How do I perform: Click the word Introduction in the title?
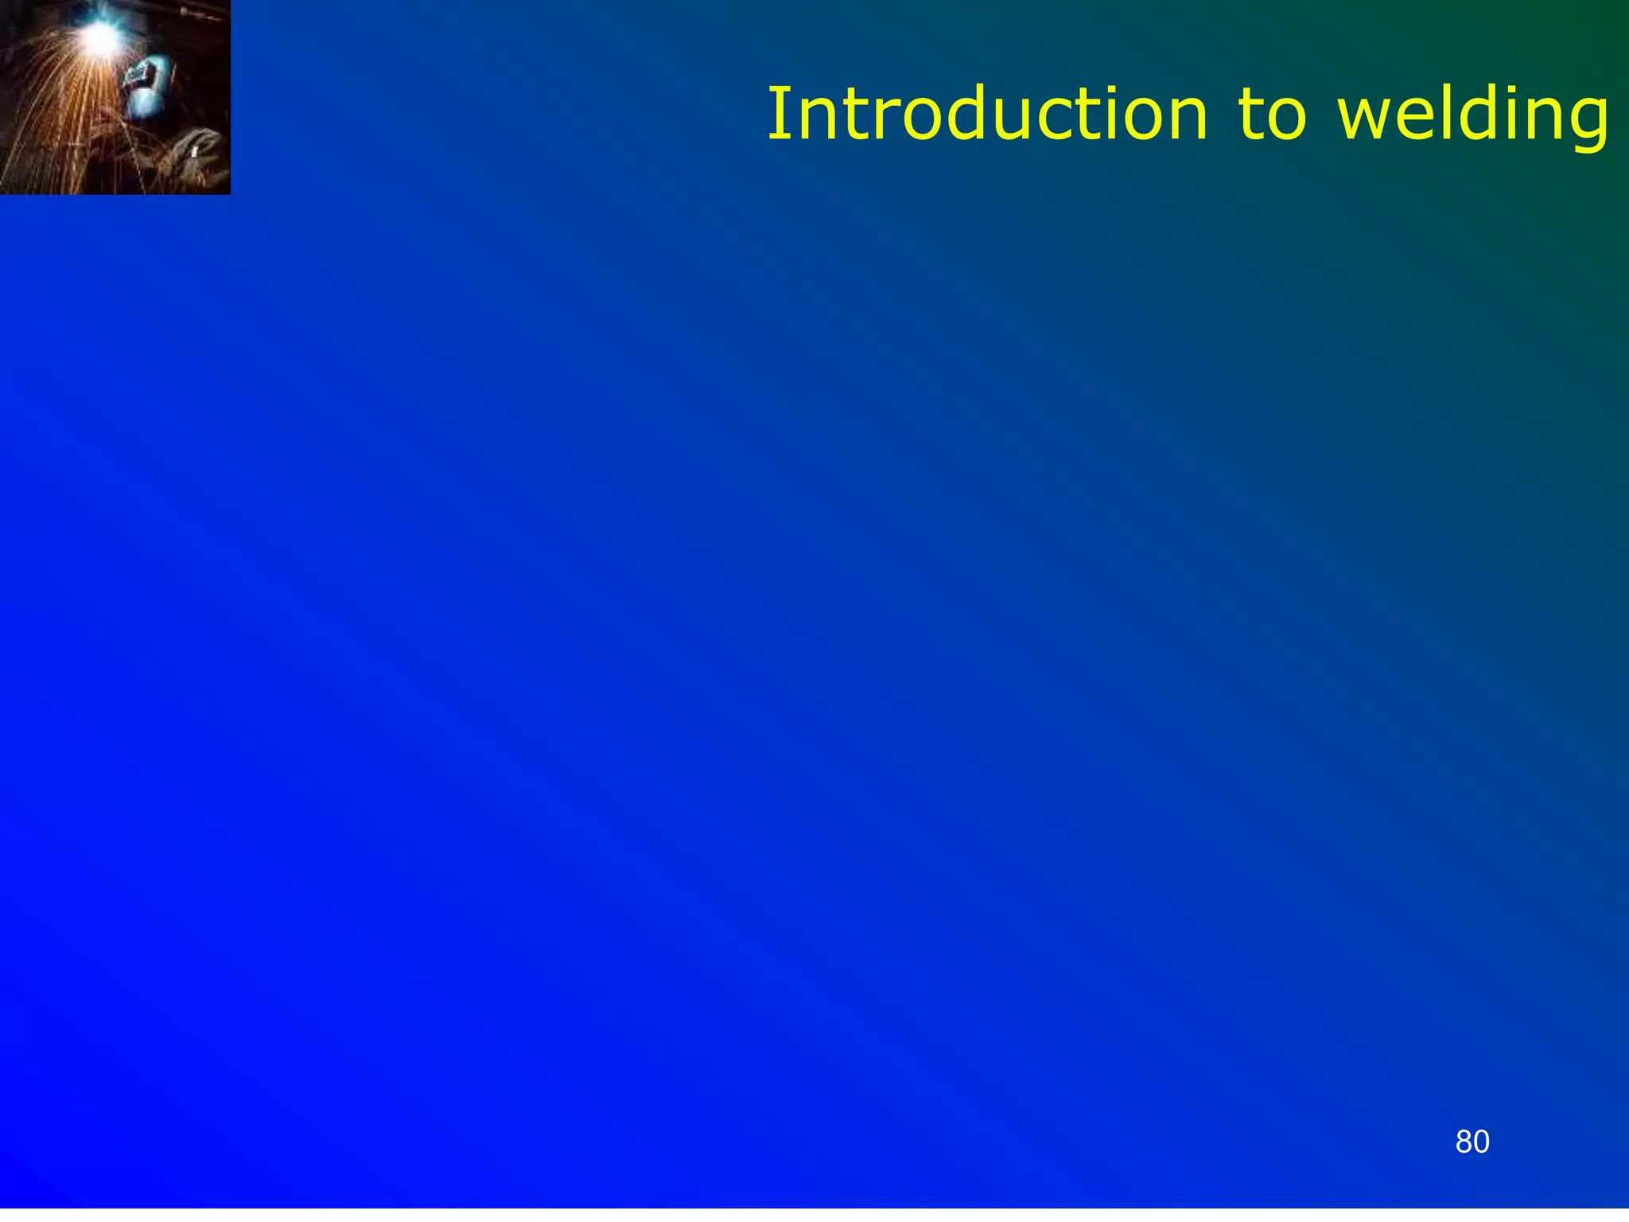click(x=986, y=115)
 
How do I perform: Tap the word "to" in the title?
click(x=1271, y=115)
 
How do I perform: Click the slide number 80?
click(x=1472, y=1142)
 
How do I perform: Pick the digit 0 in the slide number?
click(x=1481, y=1142)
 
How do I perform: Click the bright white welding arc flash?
click(x=99, y=36)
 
